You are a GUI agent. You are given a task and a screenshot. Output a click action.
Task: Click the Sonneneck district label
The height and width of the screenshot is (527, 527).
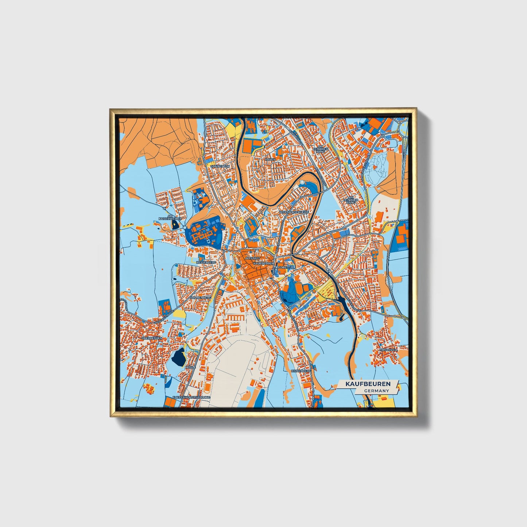pyautogui.click(x=220, y=166)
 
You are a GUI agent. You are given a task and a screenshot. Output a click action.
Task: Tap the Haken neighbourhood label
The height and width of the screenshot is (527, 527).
pyautogui.click(x=270, y=159)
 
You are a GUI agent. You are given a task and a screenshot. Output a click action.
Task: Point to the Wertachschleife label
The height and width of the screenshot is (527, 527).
pyautogui.click(x=293, y=212)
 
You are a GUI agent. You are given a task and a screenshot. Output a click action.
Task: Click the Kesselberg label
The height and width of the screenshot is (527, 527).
pyautogui.click(x=206, y=262)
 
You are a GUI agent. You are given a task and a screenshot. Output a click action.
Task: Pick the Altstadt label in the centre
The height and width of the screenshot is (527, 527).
pyautogui.click(x=253, y=258)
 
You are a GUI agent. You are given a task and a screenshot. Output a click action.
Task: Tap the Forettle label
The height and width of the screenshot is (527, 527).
pyautogui.click(x=286, y=267)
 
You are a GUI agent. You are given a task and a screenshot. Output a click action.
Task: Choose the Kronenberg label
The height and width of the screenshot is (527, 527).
pyautogui.click(x=201, y=298)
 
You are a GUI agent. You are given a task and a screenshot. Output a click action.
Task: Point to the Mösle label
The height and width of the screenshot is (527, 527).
pyautogui.click(x=190, y=367)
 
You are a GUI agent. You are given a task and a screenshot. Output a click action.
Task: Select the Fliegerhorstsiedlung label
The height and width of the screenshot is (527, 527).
pyautogui.click(x=191, y=397)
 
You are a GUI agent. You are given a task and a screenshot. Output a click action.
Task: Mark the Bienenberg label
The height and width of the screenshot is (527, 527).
pyautogui.click(x=301, y=371)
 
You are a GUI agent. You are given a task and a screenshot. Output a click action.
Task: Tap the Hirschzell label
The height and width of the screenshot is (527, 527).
pyautogui.click(x=389, y=349)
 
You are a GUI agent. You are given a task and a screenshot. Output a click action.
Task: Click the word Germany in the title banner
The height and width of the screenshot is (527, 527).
pyautogui.click(x=376, y=391)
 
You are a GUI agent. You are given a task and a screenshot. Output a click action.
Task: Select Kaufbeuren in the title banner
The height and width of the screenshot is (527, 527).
pyautogui.click(x=368, y=384)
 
